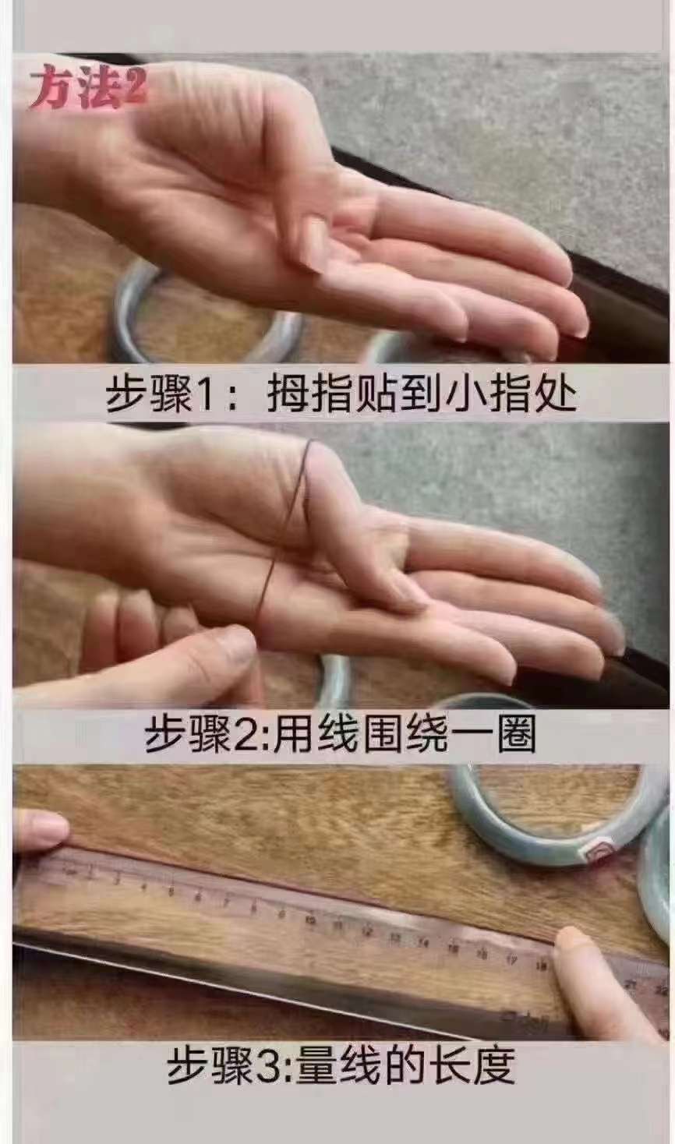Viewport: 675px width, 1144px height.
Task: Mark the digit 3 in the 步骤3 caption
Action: point(274,1065)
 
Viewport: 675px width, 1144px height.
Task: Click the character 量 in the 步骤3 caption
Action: point(317,1065)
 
